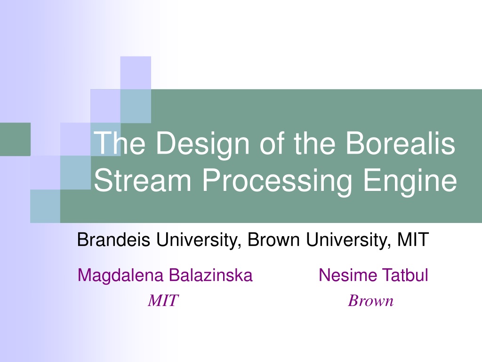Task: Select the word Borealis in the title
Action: click(x=400, y=143)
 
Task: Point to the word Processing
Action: click(x=277, y=181)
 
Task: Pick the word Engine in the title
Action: click(x=410, y=181)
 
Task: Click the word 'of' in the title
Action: click(x=273, y=143)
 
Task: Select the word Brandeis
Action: click(x=114, y=239)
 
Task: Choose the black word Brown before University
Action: click(x=273, y=239)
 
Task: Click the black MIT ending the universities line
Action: click(x=413, y=239)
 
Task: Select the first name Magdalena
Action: click(x=120, y=276)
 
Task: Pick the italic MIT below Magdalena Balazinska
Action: click(x=163, y=300)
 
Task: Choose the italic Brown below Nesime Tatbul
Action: click(x=371, y=300)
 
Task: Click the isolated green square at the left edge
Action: click(x=15, y=139)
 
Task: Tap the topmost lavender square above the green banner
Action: click(x=136, y=73)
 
